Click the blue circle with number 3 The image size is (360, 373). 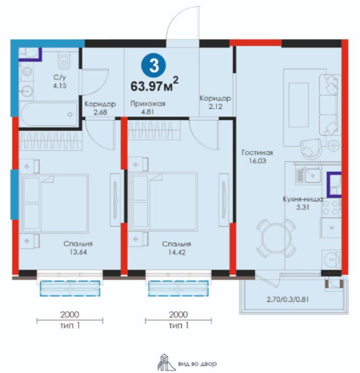[154, 65]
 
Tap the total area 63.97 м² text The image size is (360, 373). [154, 84]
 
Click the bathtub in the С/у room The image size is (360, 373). [49, 114]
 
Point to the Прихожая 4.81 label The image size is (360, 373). [148, 108]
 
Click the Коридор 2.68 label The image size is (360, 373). [101, 108]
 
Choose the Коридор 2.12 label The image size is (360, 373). [215, 102]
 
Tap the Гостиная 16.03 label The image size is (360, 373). [257, 157]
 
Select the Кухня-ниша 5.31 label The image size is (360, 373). [303, 203]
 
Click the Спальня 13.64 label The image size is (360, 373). [78, 248]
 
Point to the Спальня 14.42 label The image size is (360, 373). [177, 248]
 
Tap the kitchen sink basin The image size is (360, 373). [312, 176]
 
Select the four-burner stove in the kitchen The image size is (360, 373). [331, 208]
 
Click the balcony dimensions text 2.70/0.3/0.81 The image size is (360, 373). [288, 299]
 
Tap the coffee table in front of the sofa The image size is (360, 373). [299, 105]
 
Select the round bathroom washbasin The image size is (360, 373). [26, 90]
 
